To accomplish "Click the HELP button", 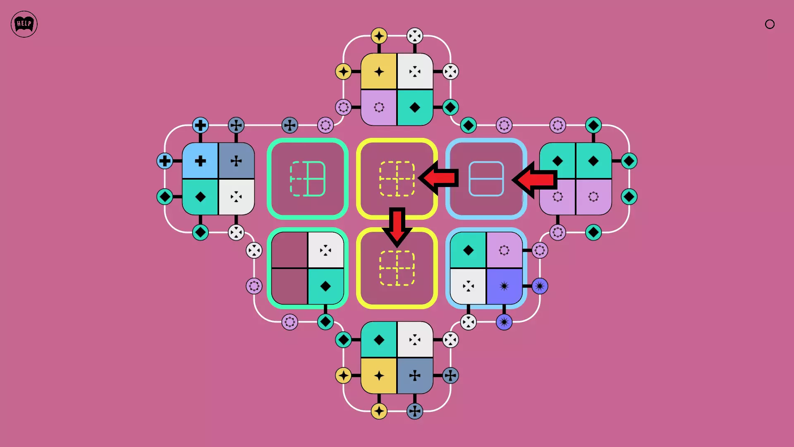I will [24, 24].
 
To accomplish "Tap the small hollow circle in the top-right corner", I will [770, 24].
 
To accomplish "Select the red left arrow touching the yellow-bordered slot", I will [439, 178].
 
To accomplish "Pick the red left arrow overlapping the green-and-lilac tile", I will [534, 179].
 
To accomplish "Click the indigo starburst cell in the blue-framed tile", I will [504, 286].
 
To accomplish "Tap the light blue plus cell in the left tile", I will [200, 161].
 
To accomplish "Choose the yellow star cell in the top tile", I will [379, 72].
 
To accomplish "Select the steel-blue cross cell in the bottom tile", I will [415, 375].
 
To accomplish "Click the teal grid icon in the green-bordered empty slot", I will [308, 179].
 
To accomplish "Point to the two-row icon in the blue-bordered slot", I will [486, 179].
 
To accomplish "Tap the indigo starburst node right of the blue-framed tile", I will [540, 286].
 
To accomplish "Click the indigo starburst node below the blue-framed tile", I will [504, 322].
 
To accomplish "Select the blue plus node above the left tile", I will [200, 125].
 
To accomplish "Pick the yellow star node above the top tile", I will [379, 36].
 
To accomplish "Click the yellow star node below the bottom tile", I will [379, 411].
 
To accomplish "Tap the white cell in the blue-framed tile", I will [468, 286].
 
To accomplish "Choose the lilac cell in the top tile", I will [379, 107].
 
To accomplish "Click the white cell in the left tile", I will [236, 197].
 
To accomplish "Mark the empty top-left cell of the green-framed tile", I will [289, 250].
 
